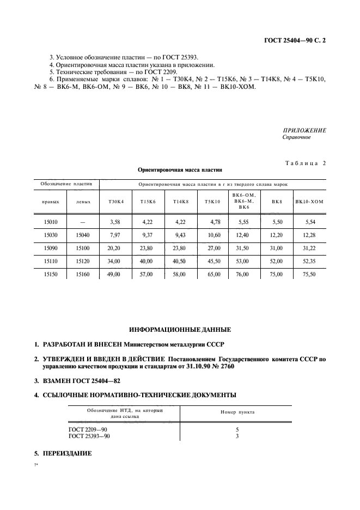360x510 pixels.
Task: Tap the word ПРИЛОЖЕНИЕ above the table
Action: click(304, 130)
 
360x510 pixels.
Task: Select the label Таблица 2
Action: click(306, 163)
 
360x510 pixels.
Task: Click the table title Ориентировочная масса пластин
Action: click(178, 170)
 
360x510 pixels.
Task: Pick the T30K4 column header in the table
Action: click(116, 202)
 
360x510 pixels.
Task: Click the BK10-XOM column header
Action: click(309, 202)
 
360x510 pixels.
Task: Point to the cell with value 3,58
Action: click(114, 222)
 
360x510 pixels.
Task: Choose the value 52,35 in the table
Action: click(309, 262)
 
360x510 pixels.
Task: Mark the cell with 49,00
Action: click(114, 275)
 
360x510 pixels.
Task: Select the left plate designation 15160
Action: click(83, 275)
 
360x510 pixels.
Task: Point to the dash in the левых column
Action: click(83, 222)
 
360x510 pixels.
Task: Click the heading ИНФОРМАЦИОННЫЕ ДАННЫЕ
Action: click(180, 330)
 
